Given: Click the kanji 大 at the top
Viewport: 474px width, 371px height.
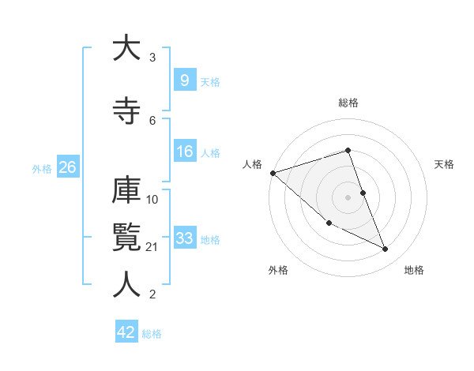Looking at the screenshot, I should click(x=126, y=48).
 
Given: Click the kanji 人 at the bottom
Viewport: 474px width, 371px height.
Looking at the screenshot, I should click(x=126, y=285).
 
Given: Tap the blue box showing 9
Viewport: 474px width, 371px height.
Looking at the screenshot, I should click(x=184, y=80).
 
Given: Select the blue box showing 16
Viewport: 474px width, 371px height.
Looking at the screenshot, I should click(x=184, y=152).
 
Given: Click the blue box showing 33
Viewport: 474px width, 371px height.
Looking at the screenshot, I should click(x=184, y=238).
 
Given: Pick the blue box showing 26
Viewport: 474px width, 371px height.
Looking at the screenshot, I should click(x=67, y=167).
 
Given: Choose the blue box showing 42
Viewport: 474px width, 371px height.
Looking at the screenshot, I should click(x=126, y=332).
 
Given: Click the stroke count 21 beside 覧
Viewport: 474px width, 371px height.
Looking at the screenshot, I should click(x=152, y=248).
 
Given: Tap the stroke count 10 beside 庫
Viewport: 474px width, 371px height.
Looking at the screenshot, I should click(x=152, y=199).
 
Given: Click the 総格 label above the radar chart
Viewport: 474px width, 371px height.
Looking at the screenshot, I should click(x=348, y=103).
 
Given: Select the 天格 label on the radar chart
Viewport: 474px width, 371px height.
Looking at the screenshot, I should click(x=445, y=164).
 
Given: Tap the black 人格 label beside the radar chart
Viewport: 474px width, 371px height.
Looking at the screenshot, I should click(x=252, y=164).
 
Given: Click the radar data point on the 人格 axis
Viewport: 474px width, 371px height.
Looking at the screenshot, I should click(x=273, y=173).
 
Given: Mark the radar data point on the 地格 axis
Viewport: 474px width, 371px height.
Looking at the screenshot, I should click(x=386, y=249).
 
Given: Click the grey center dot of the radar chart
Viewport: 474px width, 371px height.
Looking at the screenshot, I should click(x=348, y=197).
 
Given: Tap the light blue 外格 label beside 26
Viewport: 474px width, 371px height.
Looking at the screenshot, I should click(x=42, y=168).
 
